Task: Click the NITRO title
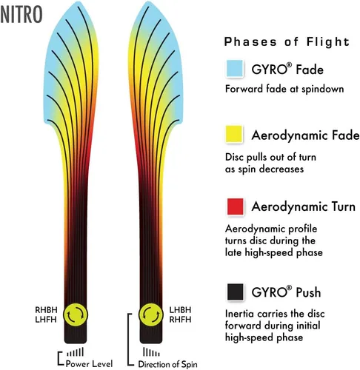click(21, 15)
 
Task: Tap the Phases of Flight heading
click(287, 41)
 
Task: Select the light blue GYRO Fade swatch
click(234, 68)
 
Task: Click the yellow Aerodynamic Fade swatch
click(234, 134)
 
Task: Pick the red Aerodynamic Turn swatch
click(235, 206)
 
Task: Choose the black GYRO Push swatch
click(235, 292)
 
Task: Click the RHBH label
click(46, 310)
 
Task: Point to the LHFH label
click(46, 320)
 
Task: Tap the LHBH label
click(180, 310)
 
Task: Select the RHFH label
click(180, 320)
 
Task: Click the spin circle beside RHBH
click(76, 314)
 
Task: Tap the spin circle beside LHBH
click(151, 314)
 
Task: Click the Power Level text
click(89, 363)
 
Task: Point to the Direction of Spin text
click(167, 364)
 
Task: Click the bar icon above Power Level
click(76, 352)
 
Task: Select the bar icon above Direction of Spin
click(151, 352)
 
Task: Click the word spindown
click(323, 89)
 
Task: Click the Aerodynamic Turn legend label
click(304, 206)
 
